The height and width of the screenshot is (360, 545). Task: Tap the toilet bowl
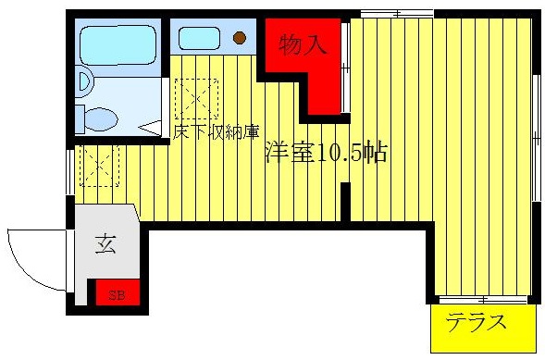coord(98,118)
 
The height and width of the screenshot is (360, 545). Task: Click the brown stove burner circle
coord(240,38)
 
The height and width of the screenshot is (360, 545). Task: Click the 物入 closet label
coord(304,43)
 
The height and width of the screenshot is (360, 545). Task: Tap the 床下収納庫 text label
coord(214,131)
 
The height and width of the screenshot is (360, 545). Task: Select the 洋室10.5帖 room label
coord(326,153)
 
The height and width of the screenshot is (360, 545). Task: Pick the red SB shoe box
coord(118,294)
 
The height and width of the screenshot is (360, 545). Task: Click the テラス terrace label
coord(477,323)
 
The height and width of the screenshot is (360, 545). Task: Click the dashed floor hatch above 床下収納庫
coord(196,97)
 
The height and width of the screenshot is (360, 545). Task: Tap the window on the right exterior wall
coord(536,134)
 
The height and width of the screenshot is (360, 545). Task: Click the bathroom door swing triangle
coord(151,126)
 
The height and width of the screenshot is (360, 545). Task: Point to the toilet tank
coord(81,118)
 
